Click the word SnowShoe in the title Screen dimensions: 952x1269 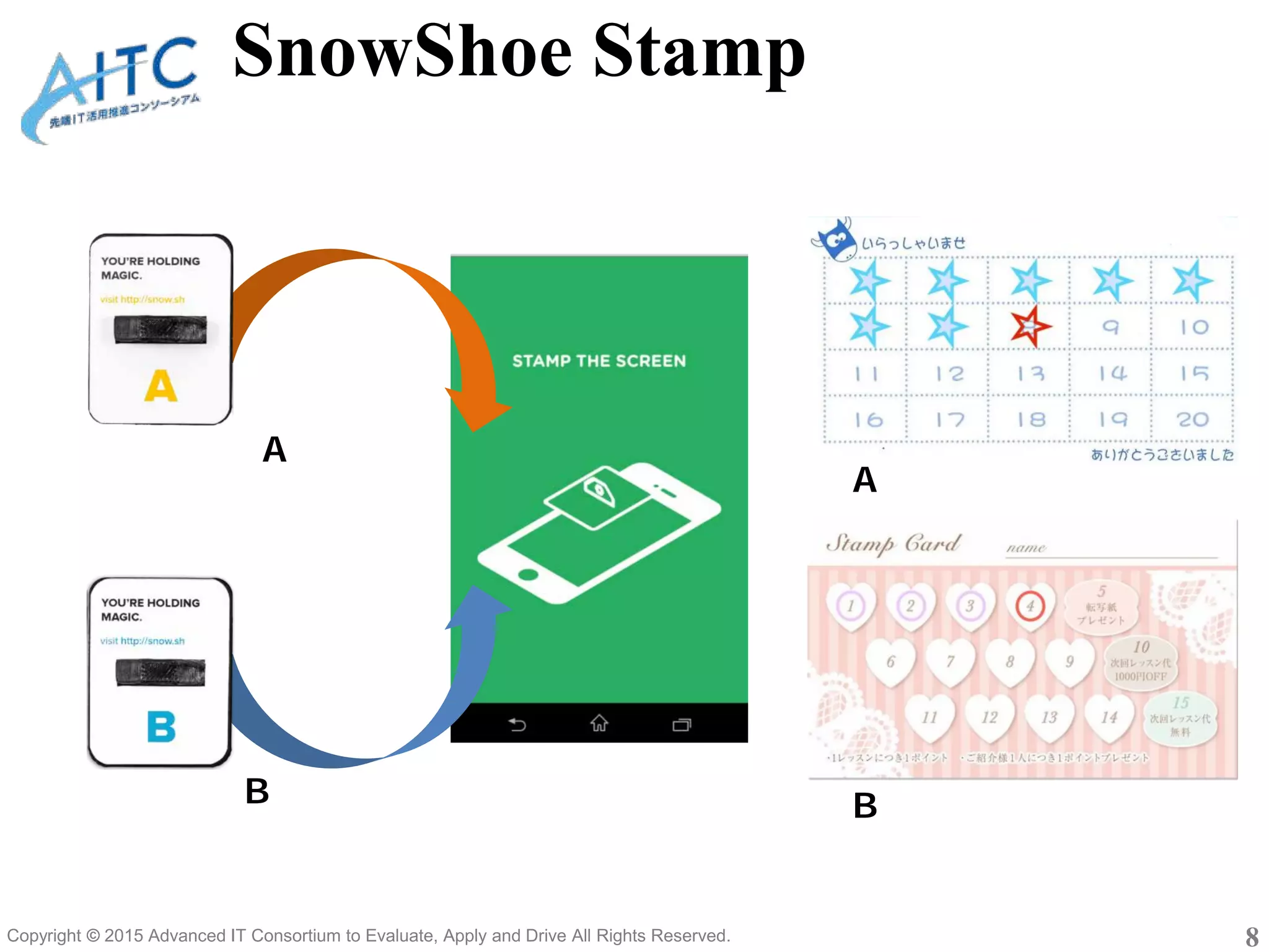click(403, 53)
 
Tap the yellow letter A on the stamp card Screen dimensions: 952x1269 click(160, 386)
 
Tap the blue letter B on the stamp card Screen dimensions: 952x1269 click(161, 726)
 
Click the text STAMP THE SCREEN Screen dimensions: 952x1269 click(599, 361)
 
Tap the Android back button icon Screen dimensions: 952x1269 click(517, 724)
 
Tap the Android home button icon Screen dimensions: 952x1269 click(599, 723)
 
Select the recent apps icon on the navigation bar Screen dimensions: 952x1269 click(682, 724)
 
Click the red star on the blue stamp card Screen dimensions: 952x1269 click(1030, 326)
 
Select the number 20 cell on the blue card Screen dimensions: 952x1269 click(1192, 420)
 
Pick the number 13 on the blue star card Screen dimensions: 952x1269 click(1030, 373)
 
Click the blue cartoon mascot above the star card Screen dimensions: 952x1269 click(836, 239)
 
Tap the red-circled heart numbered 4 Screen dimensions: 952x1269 click(1030, 606)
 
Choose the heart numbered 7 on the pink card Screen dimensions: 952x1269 click(950, 662)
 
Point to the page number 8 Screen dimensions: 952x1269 click(1252, 936)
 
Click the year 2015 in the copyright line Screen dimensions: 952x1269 click(125, 935)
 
